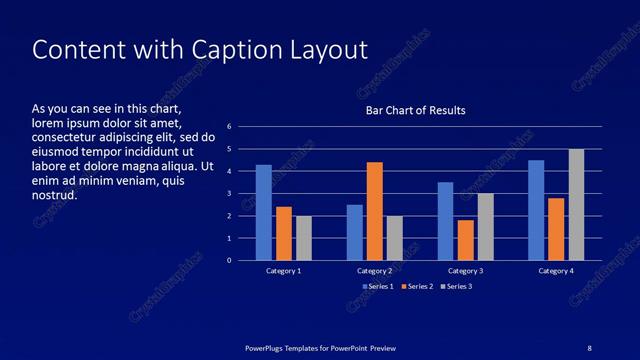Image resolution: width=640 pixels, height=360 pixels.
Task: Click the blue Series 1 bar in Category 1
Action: tap(264, 212)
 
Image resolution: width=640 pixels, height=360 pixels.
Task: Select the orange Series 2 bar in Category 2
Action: tap(375, 211)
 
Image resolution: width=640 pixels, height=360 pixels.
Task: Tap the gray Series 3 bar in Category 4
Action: tap(577, 204)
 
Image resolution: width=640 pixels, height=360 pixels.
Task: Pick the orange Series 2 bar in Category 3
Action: tap(466, 240)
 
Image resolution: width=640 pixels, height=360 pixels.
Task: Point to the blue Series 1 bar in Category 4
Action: tap(536, 210)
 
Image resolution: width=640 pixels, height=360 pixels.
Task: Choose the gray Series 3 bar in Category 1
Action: tap(304, 238)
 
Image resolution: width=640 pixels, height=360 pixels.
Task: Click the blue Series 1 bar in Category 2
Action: tap(355, 232)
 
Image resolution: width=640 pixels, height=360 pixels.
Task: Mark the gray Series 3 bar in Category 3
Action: tap(486, 227)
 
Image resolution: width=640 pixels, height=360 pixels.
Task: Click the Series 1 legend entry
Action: tap(377, 287)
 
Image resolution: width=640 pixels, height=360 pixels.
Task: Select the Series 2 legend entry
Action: tap(416, 287)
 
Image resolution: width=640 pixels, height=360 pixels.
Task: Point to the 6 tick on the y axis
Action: tap(229, 127)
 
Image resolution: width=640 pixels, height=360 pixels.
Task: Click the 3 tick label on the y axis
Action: tap(229, 194)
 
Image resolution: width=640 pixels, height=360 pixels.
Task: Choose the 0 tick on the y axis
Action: tap(229, 261)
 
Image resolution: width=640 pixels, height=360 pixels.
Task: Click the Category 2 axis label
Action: tap(374, 271)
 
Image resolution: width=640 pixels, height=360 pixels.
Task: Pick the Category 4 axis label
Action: tap(556, 271)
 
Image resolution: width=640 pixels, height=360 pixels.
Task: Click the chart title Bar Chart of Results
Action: tap(415, 110)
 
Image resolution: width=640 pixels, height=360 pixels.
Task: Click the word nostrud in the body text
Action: tap(55, 195)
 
